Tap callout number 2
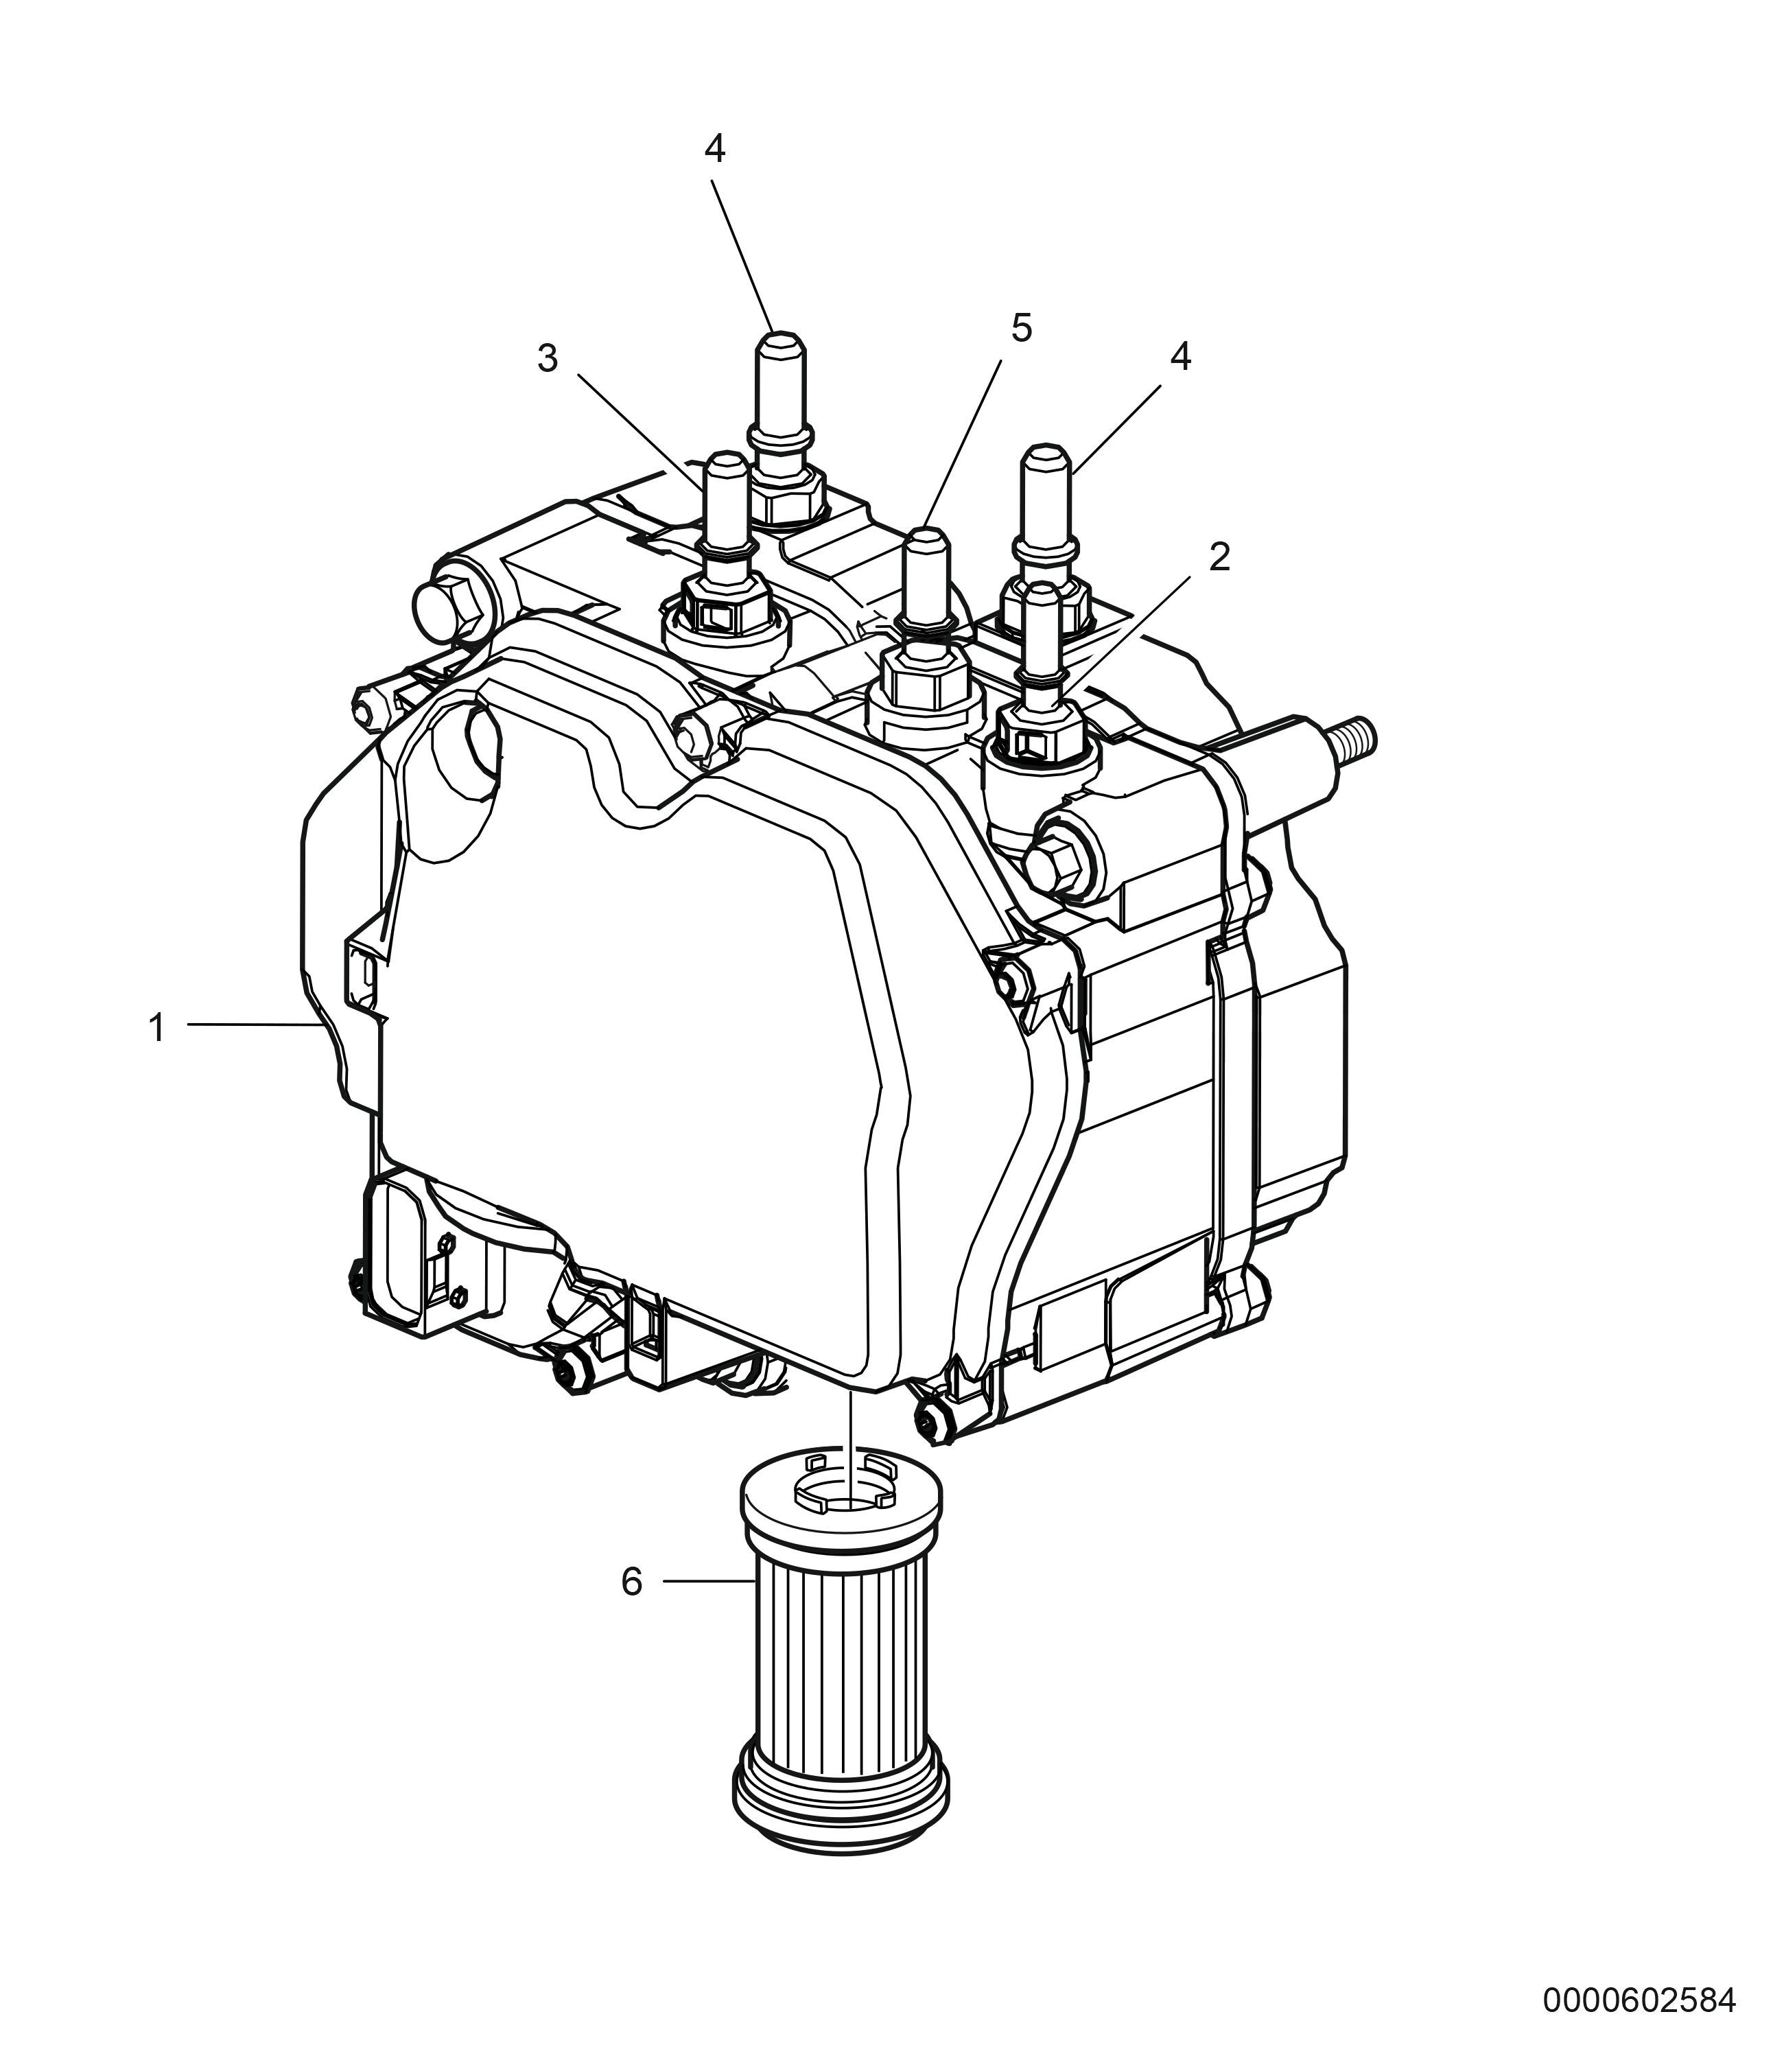point(1219,557)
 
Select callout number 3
point(548,358)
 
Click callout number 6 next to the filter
point(632,1581)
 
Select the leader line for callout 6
point(705,1581)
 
